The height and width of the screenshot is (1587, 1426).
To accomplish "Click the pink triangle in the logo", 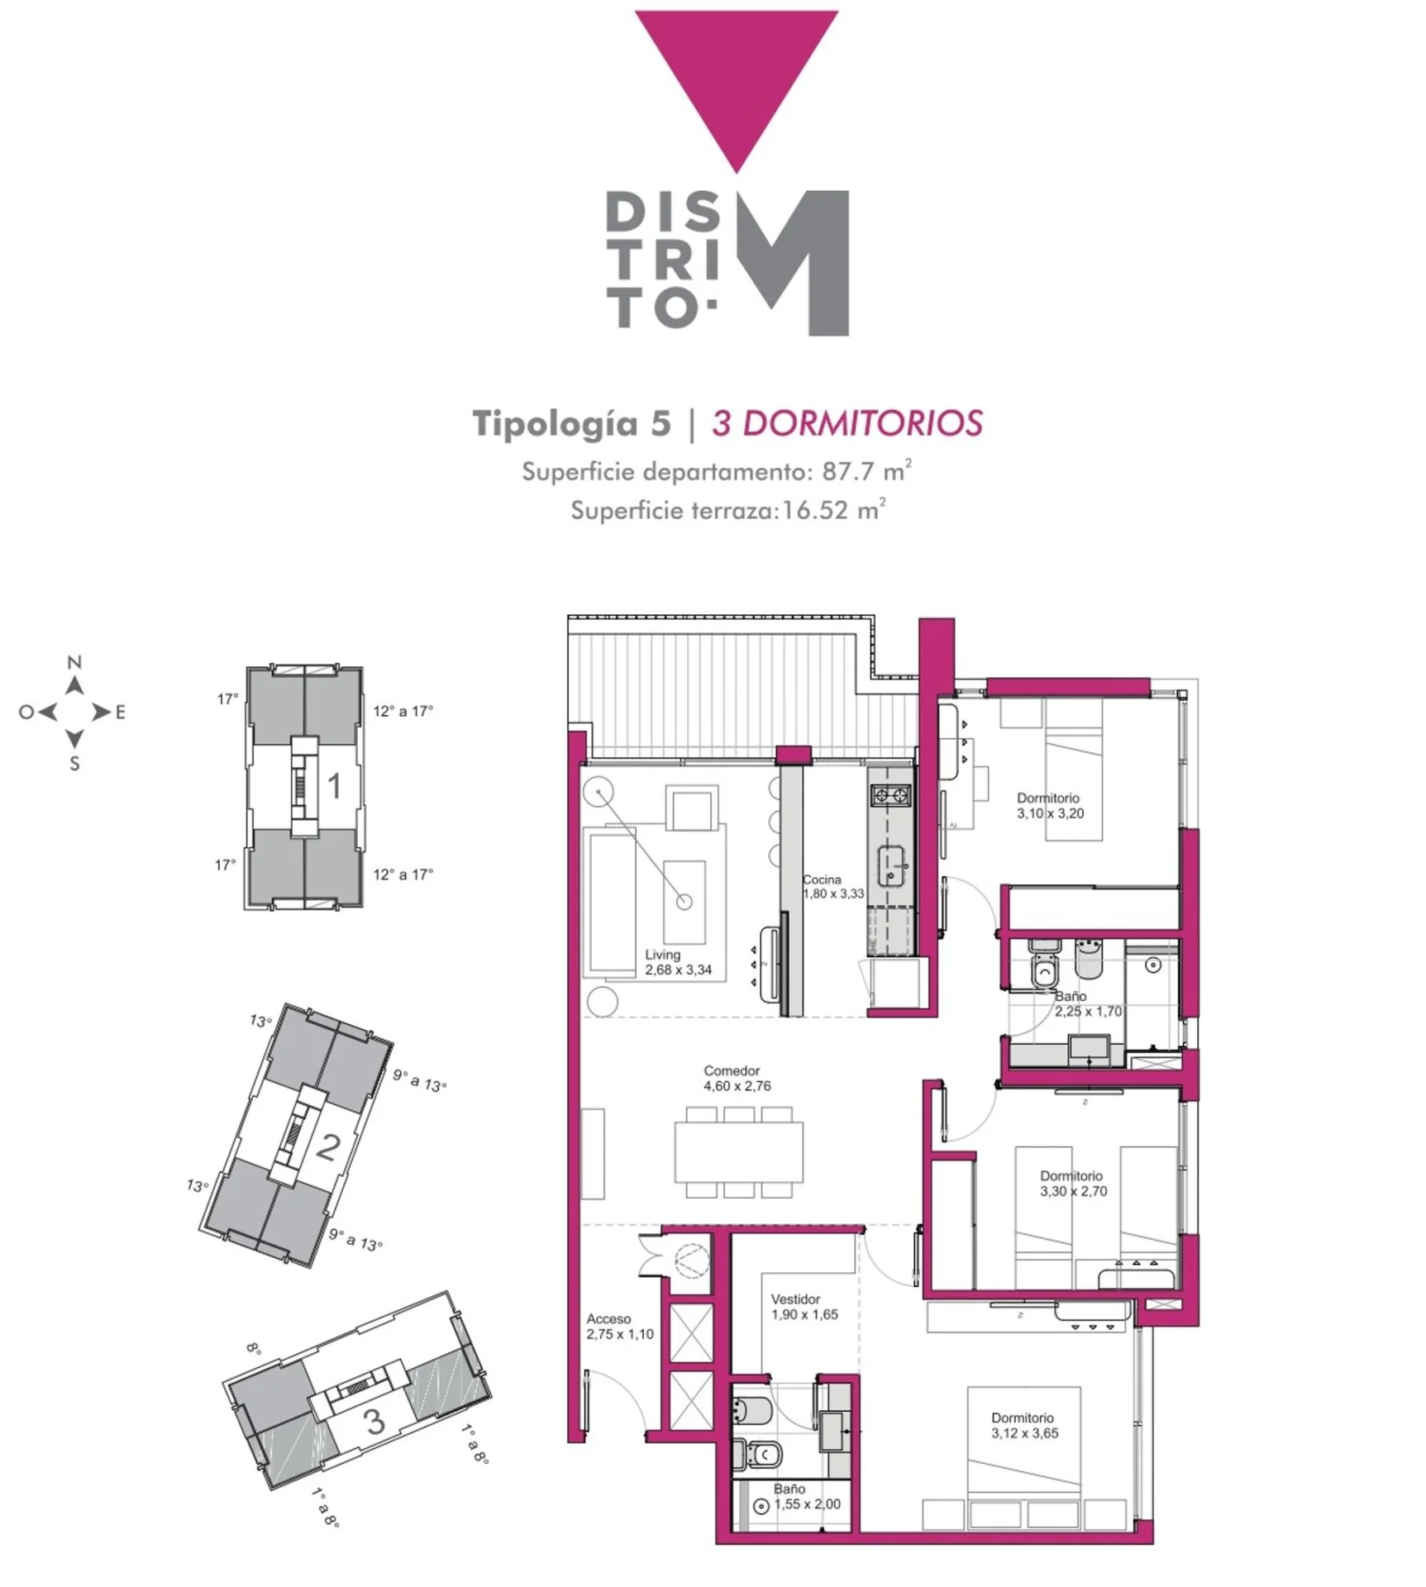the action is tap(737, 74).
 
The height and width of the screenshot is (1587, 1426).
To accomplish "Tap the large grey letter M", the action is tap(794, 263).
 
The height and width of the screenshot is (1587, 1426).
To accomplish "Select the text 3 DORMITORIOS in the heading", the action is tap(847, 423).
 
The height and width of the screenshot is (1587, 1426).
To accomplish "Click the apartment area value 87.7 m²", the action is tap(867, 471).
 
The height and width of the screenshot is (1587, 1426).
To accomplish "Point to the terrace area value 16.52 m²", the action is tap(834, 509).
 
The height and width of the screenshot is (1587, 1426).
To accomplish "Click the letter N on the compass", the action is tap(74, 662).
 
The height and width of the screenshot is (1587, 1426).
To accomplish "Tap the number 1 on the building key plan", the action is tap(334, 786).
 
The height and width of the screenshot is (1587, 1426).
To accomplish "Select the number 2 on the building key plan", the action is tap(328, 1146).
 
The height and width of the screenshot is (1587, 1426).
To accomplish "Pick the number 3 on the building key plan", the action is tap(374, 1421).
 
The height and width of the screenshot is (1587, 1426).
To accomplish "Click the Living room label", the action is tap(663, 955).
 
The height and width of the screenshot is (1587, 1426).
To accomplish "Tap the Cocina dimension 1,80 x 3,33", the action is tap(833, 894).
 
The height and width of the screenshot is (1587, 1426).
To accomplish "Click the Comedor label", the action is tap(732, 1070).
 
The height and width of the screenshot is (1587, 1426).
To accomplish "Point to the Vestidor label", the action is tap(795, 1299).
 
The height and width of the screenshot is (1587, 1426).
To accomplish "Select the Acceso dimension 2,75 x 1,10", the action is tap(620, 1334).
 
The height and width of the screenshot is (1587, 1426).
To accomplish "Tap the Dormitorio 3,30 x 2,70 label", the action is tap(1073, 1183).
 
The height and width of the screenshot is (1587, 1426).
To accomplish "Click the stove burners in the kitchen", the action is tap(890, 796).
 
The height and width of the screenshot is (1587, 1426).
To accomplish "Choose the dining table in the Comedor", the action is tap(738, 1152).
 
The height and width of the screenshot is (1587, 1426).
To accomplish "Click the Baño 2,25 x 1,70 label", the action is tap(1088, 1003).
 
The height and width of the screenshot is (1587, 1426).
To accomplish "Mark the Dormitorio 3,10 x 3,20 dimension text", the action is tap(1050, 813).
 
